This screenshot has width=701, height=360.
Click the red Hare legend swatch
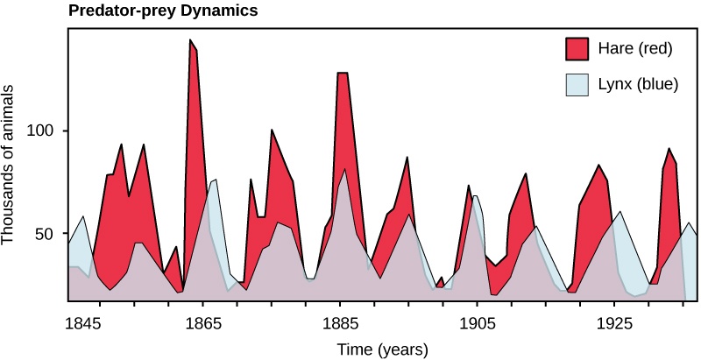click(577, 48)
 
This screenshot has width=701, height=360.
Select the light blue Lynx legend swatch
click(577, 86)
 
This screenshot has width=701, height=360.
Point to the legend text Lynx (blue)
click(635, 86)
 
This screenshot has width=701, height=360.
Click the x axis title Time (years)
click(383, 349)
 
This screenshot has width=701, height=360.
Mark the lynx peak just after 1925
click(620, 212)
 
